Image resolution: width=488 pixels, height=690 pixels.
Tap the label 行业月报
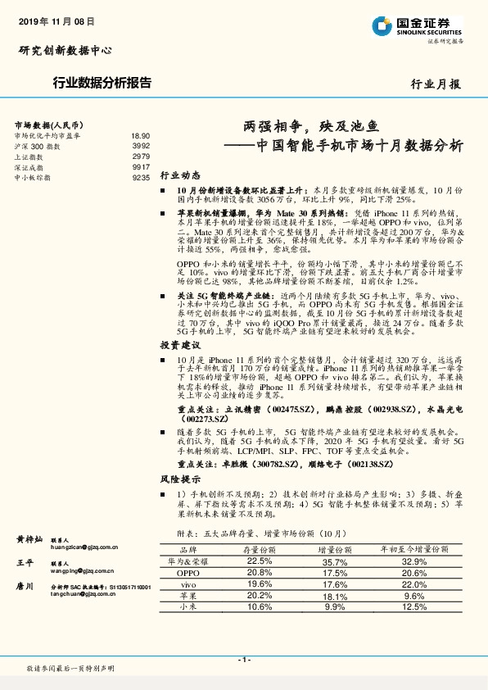pos(435,84)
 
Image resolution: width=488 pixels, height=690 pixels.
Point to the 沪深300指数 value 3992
pos(141,145)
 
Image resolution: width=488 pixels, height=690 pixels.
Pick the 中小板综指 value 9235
pos(141,176)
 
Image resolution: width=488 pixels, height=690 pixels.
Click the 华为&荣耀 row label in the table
pos(188,562)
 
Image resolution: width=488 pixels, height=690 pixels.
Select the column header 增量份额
pos(334,551)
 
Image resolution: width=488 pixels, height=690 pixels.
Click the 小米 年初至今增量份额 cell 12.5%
pos(415,606)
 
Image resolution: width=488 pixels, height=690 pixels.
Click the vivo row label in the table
pos(188,584)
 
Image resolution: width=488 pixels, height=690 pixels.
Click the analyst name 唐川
pos(25,587)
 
